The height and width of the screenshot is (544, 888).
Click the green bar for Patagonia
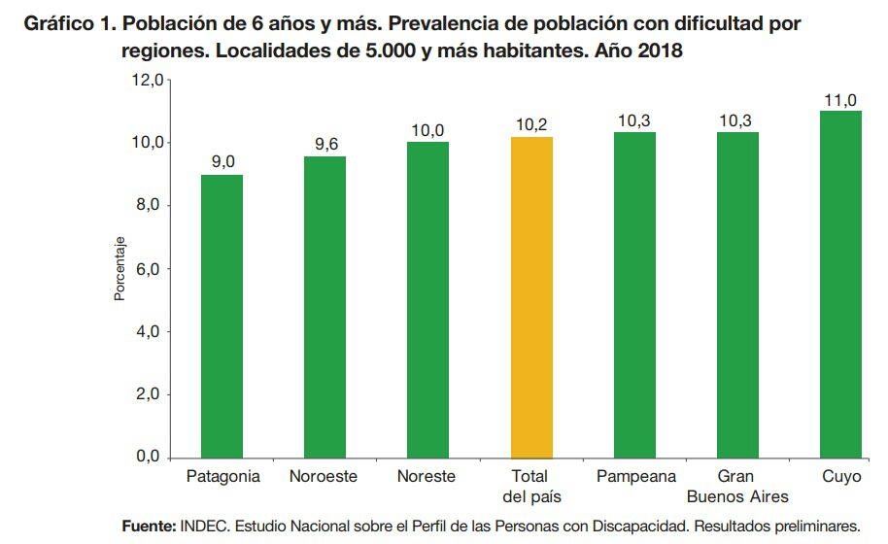[x=222, y=316]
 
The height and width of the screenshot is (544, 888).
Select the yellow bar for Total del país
[x=531, y=296]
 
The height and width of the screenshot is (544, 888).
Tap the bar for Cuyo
[x=840, y=284]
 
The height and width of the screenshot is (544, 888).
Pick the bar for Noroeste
[x=324, y=306]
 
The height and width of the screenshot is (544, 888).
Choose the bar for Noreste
[x=427, y=299]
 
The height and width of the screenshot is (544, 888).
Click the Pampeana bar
[x=634, y=294]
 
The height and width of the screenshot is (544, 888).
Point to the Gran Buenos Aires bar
[x=737, y=294]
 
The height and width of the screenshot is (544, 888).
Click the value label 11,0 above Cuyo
[x=840, y=100]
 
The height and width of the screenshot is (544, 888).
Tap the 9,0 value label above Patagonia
[x=222, y=162]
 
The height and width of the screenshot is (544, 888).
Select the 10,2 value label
[x=531, y=125]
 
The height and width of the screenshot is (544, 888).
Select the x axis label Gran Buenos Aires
[x=737, y=487]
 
